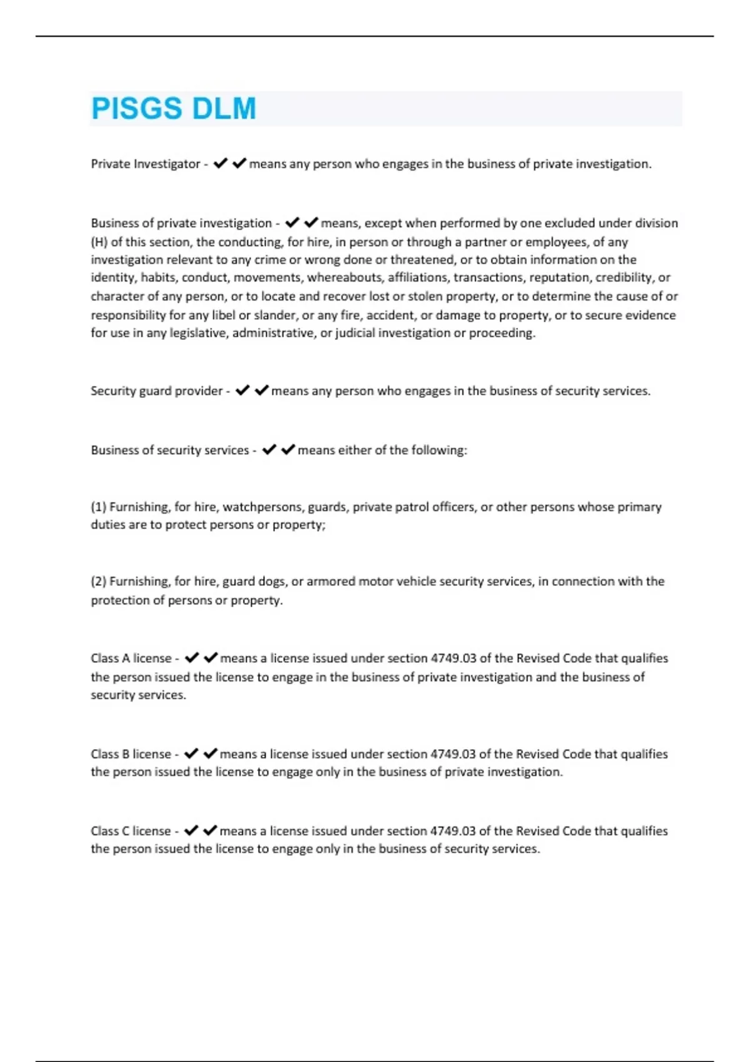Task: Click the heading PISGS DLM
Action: click(x=174, y=109)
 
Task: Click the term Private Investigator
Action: click(x=145, y=164)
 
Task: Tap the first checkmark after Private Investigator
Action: click(x=220, y=164)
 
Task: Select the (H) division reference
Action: click(x=99, y=242)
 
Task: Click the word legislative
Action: click(x=198, y=333)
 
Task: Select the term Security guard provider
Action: click(x=156, y=391)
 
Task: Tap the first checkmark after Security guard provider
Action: click(x=242, y=390)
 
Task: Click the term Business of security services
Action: click(x=169, y=450)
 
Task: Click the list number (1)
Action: click(x=98, y=507)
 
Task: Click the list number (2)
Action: click(x=98, y=582)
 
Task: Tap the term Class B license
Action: click(x=131, y=754)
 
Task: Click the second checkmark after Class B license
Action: click(x=211, y=753)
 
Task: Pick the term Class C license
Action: click(x=131, y=831)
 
